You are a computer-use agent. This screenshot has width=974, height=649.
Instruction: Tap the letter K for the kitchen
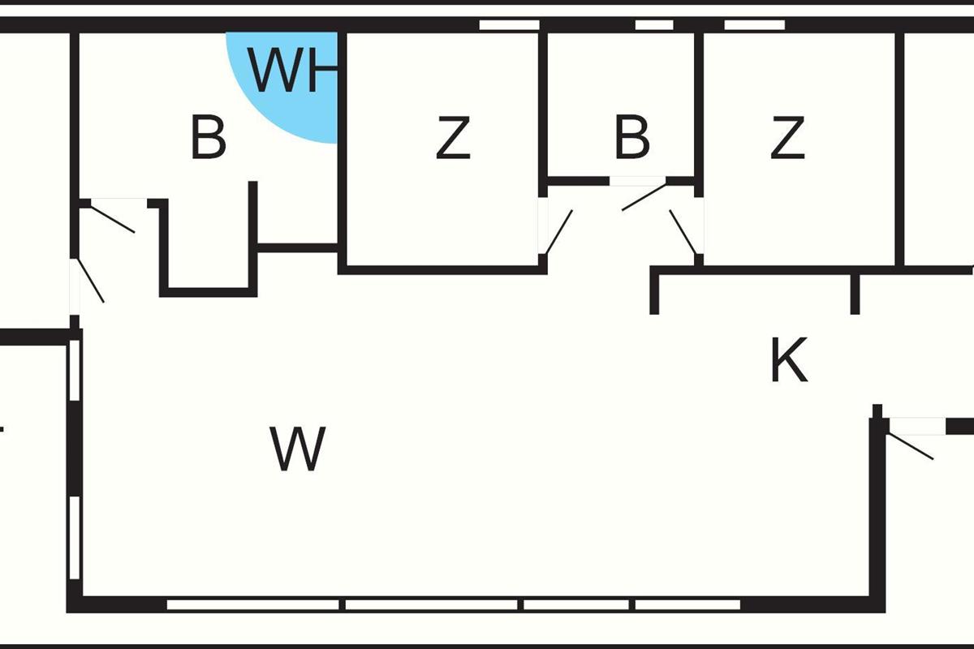point(789,361)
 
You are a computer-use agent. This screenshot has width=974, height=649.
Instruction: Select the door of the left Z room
point(558,232)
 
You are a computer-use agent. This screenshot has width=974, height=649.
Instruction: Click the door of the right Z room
point(683,232)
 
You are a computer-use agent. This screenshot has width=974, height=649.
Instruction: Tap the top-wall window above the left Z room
point(509,25)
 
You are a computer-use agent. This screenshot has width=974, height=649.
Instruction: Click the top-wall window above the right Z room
point(754,25)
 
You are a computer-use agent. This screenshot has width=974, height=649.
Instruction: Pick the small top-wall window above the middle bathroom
point(653,25)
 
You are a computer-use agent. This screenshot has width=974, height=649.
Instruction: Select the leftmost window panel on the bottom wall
point(253,604)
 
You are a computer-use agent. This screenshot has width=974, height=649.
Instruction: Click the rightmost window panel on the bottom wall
point(687,604)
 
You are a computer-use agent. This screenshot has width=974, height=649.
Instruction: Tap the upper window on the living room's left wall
point(74,370)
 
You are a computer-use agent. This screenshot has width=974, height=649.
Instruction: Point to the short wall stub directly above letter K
point(855,294)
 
